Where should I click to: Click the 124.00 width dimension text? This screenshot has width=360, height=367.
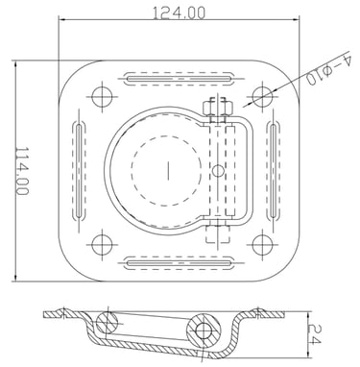(x=179, y=13)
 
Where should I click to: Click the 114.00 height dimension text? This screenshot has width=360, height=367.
(x=22, y=171)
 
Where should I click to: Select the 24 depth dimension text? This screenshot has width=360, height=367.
(x=314, y=333)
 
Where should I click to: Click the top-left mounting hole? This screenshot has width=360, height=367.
(x=102, y=96)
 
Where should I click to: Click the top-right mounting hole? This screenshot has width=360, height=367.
(x=262, y=96)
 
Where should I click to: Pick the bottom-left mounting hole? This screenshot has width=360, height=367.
(x=102, y=245)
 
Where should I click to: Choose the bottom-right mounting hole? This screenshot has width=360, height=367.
(x=262, y=245)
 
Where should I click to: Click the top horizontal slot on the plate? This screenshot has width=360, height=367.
(x=179, y=79)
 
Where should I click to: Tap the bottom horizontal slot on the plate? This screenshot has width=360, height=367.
(x=179, y=263)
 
